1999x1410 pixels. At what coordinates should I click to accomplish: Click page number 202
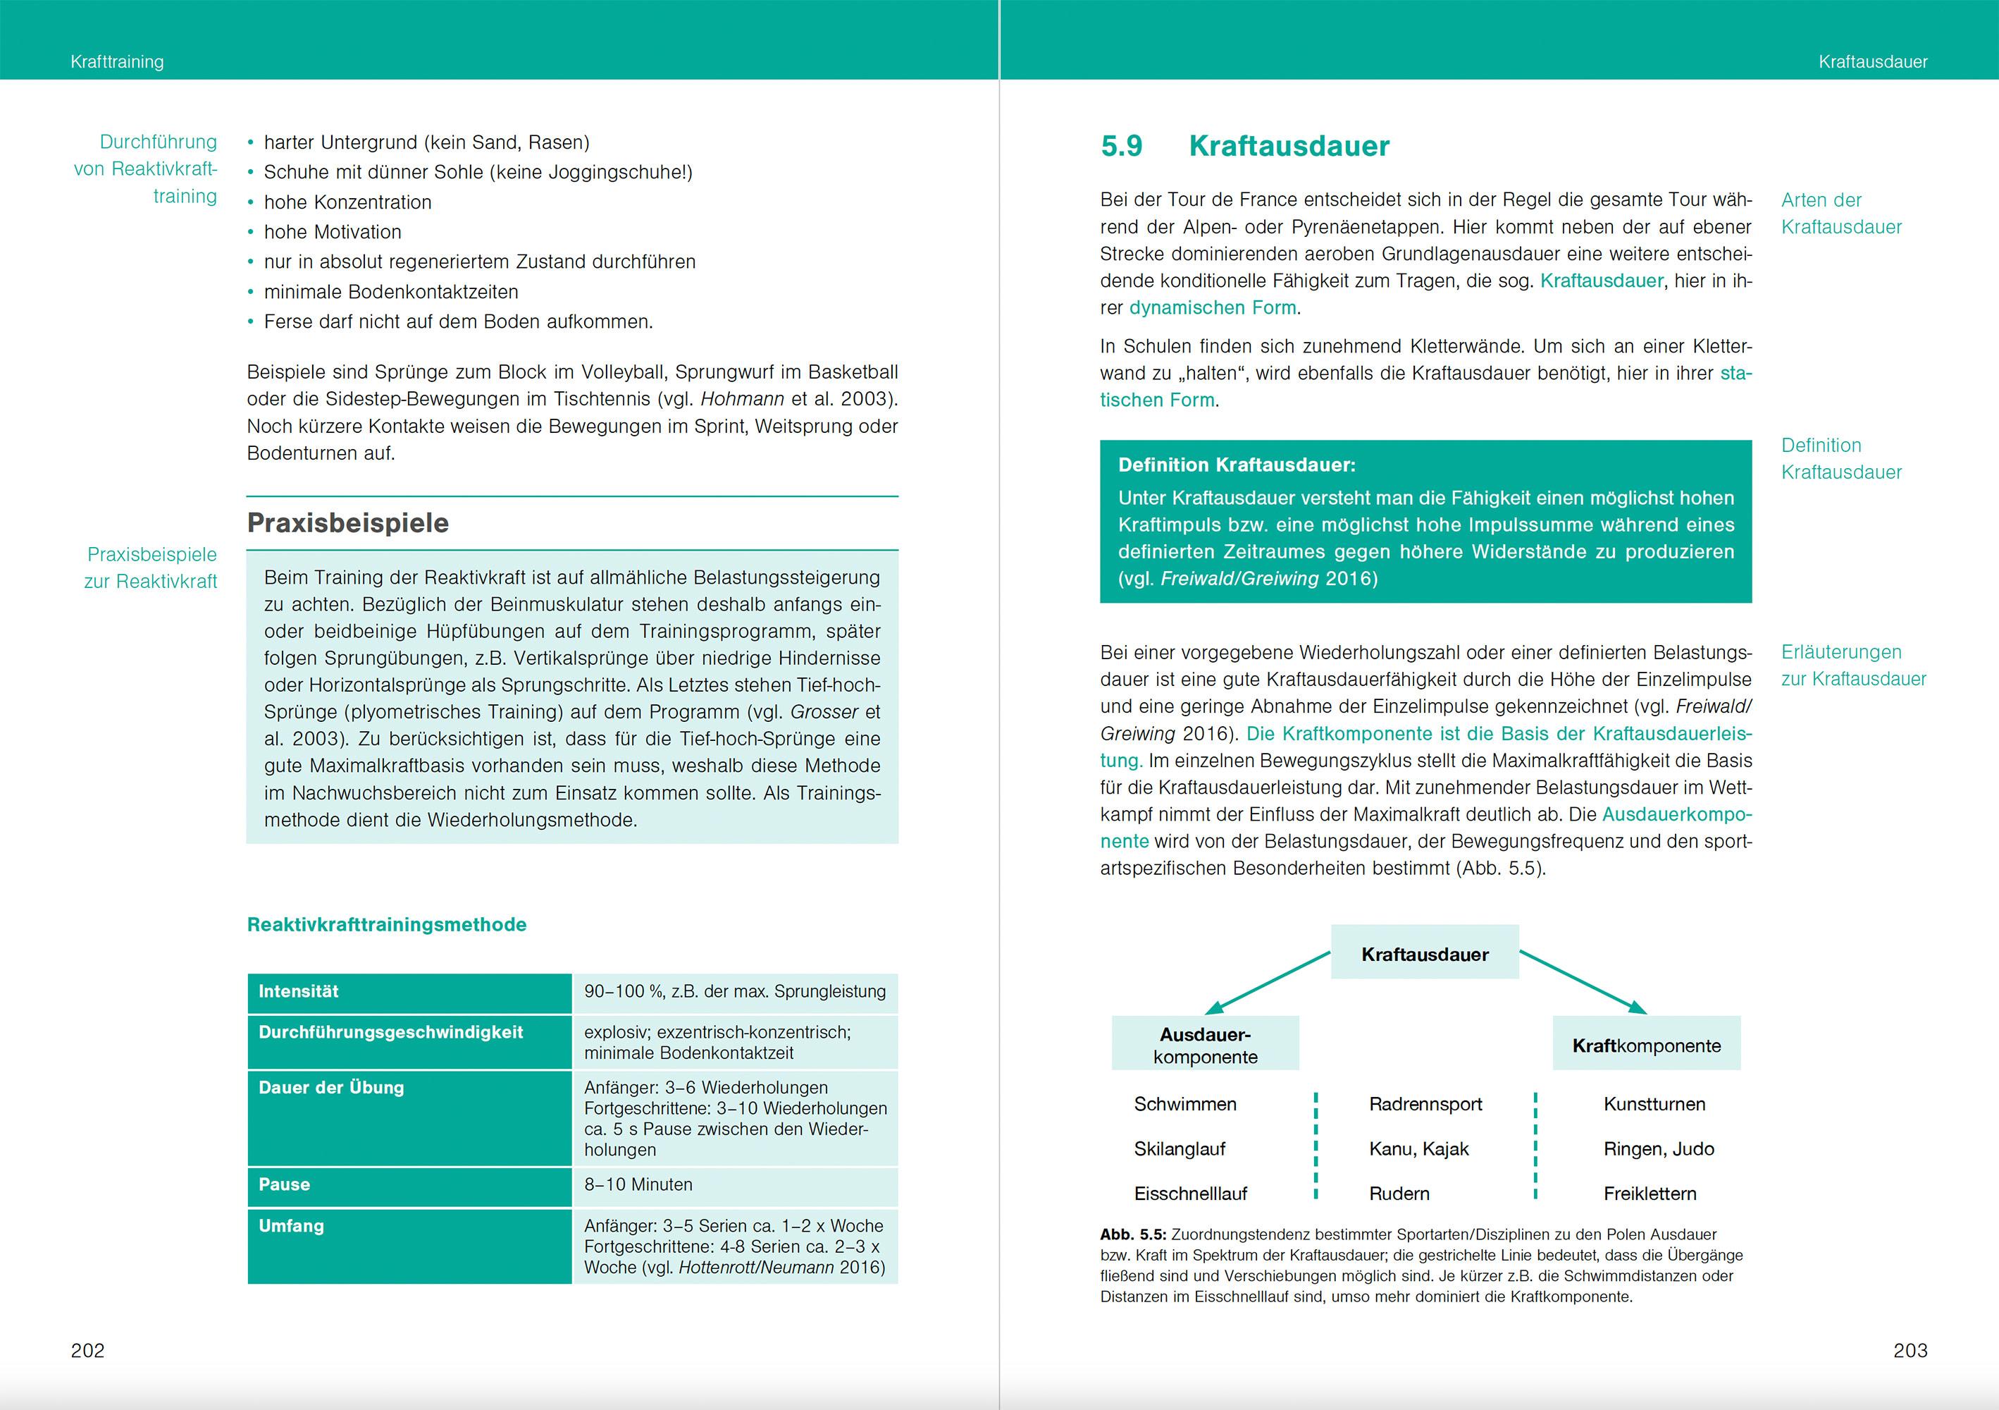click(x=88, y=1350)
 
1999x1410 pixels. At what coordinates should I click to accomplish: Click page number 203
click(x=1910, y=1350)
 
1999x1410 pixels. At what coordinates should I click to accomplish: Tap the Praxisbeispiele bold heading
click(x=348, y=522)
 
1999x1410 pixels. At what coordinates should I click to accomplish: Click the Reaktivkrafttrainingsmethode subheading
click(x=387, y=924)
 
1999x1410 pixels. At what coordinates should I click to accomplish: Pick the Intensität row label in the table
click(x=299, y=991)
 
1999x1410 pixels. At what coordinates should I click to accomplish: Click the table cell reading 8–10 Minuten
click(x=638, y=1184)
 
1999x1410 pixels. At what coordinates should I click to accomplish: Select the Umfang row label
click(x=291, y=1225)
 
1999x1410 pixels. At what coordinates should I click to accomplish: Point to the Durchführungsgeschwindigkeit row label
click(x=391, y=1032)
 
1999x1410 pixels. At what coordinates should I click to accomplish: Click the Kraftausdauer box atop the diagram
click(x=1424, y=954)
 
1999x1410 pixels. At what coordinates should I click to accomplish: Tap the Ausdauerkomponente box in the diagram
click(x=1205, y=1045)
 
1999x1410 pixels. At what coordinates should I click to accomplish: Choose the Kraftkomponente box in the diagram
click(x=1647, y=1045)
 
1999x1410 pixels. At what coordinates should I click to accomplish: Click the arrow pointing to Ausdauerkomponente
click(x=1267, y=982)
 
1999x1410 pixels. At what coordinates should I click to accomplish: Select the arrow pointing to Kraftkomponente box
click(x=1583, y=982)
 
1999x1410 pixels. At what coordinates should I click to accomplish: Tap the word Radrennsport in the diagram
click(x=1425, y=1103)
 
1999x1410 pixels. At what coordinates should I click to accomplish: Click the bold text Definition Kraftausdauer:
click(x=1237, y=465)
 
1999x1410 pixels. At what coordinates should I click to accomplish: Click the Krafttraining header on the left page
click(x=117, y=62)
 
